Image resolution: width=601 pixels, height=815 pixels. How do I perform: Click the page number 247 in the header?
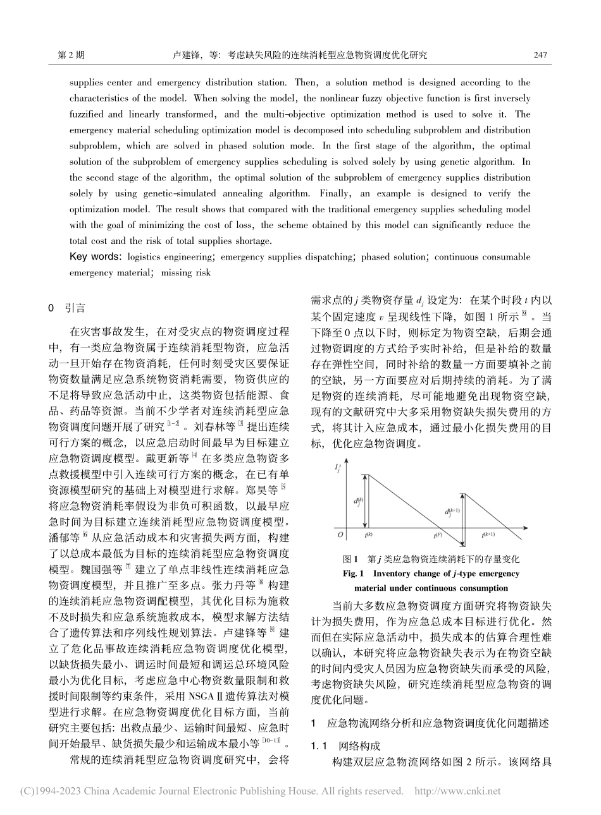(x=540, y=55)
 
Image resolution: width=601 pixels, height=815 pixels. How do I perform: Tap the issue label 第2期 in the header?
(x=71, y=55)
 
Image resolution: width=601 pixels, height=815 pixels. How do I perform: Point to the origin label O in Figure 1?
(x=340, y=534)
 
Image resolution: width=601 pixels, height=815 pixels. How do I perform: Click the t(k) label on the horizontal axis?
(x=369, y=535)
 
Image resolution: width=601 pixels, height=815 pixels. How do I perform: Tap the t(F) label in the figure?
(x=437, y=535)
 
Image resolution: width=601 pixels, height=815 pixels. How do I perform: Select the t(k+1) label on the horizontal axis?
(x=488, y=535)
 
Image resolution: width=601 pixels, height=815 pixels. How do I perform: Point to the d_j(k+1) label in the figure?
(x=452, y=512)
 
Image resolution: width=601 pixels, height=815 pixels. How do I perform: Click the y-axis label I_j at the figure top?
(x=337, y=468)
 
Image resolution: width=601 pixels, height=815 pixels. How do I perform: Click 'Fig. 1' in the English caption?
(x=352, y=574)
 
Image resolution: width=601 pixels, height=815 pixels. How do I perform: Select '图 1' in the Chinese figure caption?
(x=350, y=559)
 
